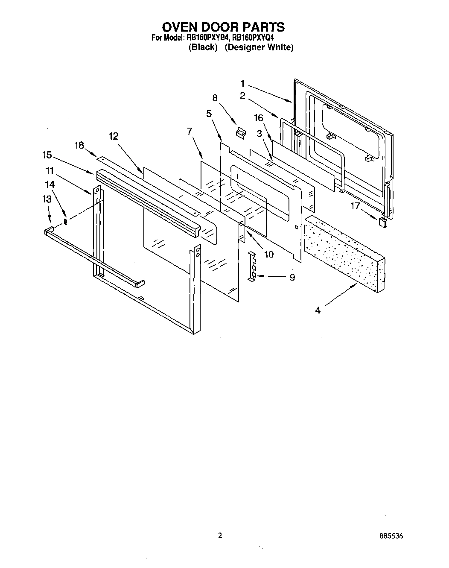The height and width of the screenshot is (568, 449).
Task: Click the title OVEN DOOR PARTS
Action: (x=224, y=27)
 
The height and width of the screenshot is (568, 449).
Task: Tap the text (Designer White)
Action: (x=259, y=47)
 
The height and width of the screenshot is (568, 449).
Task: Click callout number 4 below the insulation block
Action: (x=318, y=310)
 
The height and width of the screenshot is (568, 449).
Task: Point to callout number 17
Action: (x=355, y=205)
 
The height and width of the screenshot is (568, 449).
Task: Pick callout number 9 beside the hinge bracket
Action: (x=292, y=277)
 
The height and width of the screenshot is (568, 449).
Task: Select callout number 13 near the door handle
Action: (x=47, y=199)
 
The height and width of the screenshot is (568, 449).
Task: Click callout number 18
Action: (x=79, y=145)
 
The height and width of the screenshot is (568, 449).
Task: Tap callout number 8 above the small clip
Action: (x=215, y=98)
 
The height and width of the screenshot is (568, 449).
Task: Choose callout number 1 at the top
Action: (x=242, y=83)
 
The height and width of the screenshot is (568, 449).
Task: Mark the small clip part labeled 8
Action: (x=241, y=132)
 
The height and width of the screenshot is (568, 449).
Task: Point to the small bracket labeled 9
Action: (x=252, y=266)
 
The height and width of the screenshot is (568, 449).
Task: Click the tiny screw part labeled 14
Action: (x=65, y=221)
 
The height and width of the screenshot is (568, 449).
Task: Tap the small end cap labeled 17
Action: (x=382, y=222)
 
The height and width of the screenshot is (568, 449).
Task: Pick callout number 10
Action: (x=268, y=254)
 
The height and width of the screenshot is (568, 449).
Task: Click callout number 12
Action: (x=113, y=136)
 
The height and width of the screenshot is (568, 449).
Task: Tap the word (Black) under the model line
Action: (x=203, y=47)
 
